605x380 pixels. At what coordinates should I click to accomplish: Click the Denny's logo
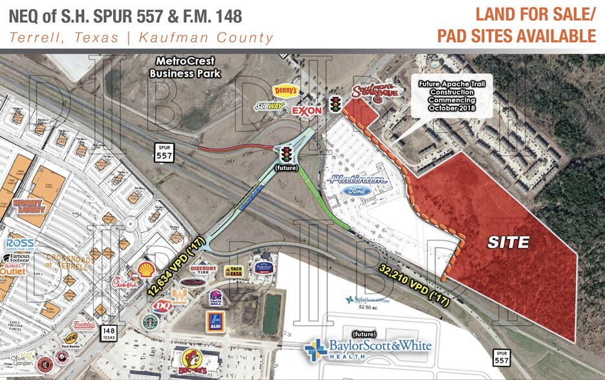[285, 91]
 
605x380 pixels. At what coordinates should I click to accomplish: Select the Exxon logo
[307, 111]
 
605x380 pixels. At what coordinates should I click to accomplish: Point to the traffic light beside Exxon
[335, 104]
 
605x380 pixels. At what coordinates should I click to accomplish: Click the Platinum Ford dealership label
[357, 184]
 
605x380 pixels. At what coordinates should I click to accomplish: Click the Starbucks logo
[150, 321]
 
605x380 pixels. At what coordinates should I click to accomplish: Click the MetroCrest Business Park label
[185, 67]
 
